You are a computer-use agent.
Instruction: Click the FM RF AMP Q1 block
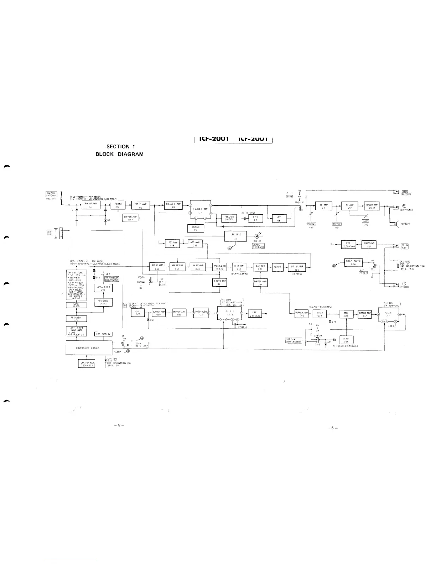tap(90, 206)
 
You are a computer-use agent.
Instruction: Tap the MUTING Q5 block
tap(196, 228)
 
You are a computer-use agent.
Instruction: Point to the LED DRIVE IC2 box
tap(235, 236)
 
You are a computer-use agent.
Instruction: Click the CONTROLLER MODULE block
tap(89, 348)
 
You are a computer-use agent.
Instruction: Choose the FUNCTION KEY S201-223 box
tap(87, 364)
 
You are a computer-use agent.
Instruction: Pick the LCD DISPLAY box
tap(104, 334)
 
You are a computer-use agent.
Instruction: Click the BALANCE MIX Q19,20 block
tap(220, 267)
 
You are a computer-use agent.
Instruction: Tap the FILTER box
tap(277, 267)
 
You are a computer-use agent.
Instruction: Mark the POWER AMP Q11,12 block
tap(372, 206)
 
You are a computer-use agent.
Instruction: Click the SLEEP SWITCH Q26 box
tap(353, 262)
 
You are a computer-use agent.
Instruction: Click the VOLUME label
tap(312, 224)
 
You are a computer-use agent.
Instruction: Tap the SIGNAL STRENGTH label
tap(258, 246)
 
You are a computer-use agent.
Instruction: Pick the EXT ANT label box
tap(49, 233)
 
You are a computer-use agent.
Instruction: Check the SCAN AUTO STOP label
tap(141, 345)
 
